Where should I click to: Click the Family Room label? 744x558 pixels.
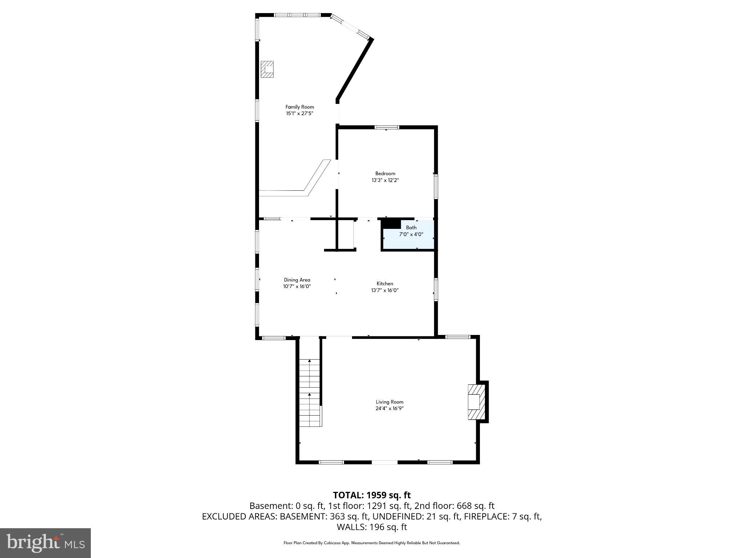tap(299, 107)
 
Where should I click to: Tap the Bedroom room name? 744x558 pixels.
tap(385, 173)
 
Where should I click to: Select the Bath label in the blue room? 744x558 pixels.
tap(411, 227)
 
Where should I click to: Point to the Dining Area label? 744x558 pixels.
tap(297, 280)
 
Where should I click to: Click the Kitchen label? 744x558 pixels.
tap(385, 283)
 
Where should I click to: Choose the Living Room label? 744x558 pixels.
tap(389, 402)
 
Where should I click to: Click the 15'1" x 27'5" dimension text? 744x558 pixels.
tap(299, 113)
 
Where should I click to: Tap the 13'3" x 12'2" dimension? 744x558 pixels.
tap(385, 180)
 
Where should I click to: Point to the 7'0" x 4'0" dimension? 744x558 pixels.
tap(411, 234)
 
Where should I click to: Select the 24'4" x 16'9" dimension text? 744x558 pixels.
tap(389, 408)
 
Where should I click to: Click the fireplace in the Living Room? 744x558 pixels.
tap(476, 402)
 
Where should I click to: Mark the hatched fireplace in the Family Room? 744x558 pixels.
tap(267, 69)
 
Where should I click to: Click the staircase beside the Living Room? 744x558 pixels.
tap(310, 392)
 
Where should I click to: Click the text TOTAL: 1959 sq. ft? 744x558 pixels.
tap(372, 495)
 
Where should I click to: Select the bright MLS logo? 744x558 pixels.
tap(45, 543)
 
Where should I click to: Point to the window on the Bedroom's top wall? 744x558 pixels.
tap(387, 127)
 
